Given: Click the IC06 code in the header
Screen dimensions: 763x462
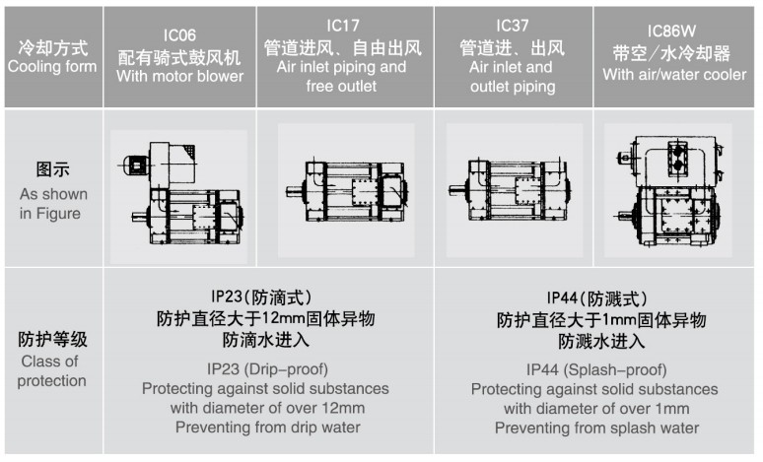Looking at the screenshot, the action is tap(179, 35).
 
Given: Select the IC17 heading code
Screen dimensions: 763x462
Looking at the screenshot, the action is tap(343, 26).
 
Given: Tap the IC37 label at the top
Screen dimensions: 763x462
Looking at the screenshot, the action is tap(512, 26).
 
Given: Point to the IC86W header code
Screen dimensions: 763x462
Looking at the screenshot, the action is tap(671, 32).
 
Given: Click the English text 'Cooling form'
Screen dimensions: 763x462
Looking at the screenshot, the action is tap(52, 66).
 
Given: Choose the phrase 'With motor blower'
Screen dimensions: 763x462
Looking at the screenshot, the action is tap(179, 76).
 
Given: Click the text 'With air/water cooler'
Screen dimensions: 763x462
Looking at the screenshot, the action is tap(674, 75).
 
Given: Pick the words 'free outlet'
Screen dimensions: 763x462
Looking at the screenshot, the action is tap(341, 86).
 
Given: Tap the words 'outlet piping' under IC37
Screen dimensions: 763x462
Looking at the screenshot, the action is tap(513, 87).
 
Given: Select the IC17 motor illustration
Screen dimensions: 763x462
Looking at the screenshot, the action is tap(346, 191).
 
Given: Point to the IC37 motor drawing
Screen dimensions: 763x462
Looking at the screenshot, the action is tap(509, 190).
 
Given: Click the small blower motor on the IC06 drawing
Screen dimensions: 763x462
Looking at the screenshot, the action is tap(136, 165).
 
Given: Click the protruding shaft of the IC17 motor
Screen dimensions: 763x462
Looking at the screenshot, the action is tap(295, 191).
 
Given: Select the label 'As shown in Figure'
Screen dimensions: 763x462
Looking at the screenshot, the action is tap(52, 203).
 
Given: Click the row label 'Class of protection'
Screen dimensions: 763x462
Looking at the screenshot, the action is tap(51, 371).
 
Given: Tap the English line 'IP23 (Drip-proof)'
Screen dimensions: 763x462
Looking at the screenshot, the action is tap(267, 369).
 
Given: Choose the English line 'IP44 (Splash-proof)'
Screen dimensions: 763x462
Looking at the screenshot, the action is tap(596, 370).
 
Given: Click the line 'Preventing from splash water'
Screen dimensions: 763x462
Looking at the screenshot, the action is tap(596, 428).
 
